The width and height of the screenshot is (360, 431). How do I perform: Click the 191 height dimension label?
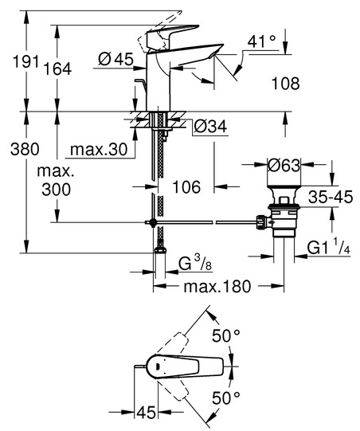[26, 61]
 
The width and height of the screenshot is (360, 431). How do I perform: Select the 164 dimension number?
[57, 69]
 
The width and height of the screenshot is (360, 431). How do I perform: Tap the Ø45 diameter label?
[115, 59]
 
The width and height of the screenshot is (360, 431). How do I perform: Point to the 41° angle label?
[261, 41]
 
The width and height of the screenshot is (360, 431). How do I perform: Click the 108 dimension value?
[285, 84]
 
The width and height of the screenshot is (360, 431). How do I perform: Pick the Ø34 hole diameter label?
[210, 127]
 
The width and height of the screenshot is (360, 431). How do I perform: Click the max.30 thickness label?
[99, 150]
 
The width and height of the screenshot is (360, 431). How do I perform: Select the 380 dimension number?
[25, 150]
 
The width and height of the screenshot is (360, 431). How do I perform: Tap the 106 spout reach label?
[186, 187]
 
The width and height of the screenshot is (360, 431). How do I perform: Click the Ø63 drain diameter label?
[284, 166]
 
